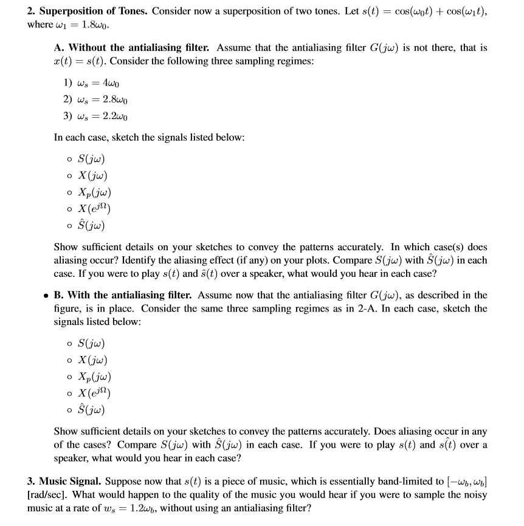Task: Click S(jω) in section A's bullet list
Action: pos(95,160)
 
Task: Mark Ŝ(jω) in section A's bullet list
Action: pos(95,225)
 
